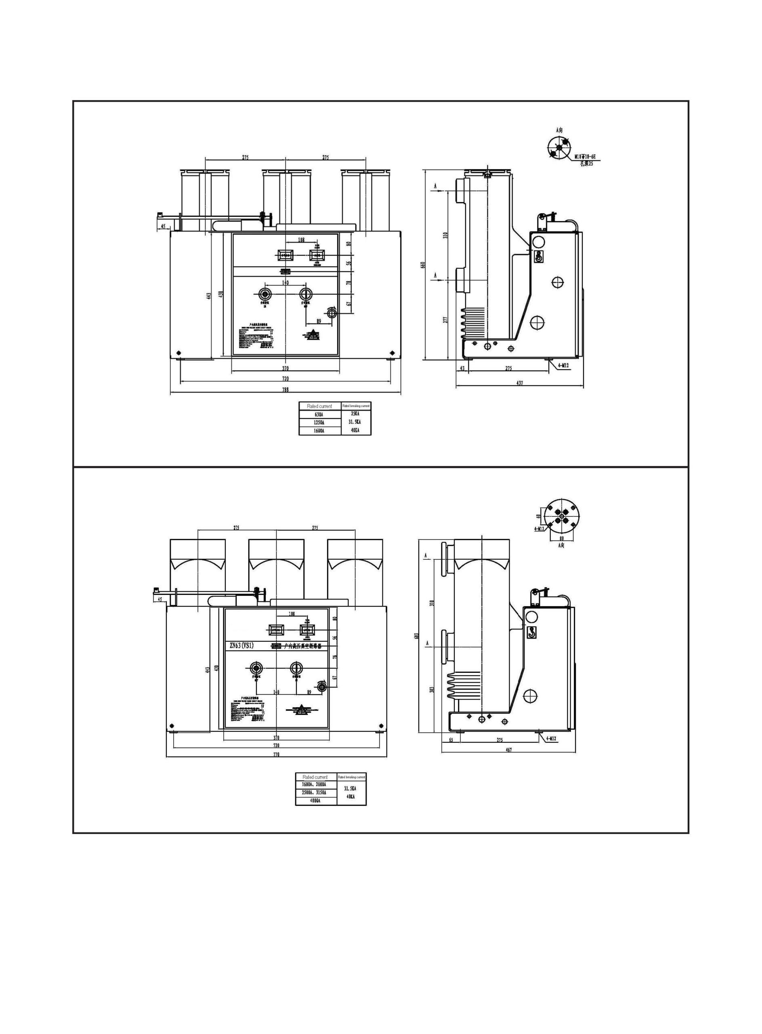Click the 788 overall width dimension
[x=285, y=390]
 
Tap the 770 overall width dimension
[x=276, y=755]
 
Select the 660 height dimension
[x=428, y=265]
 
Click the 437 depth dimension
[x=520, y=383]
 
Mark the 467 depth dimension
[x=509, y=750]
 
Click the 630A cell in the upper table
[x=319, y=414]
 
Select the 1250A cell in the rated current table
[x=319, y=422]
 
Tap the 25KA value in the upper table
[x=355, y=414]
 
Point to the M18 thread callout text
[x=587, y=158]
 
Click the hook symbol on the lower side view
[x=532, y=633]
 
